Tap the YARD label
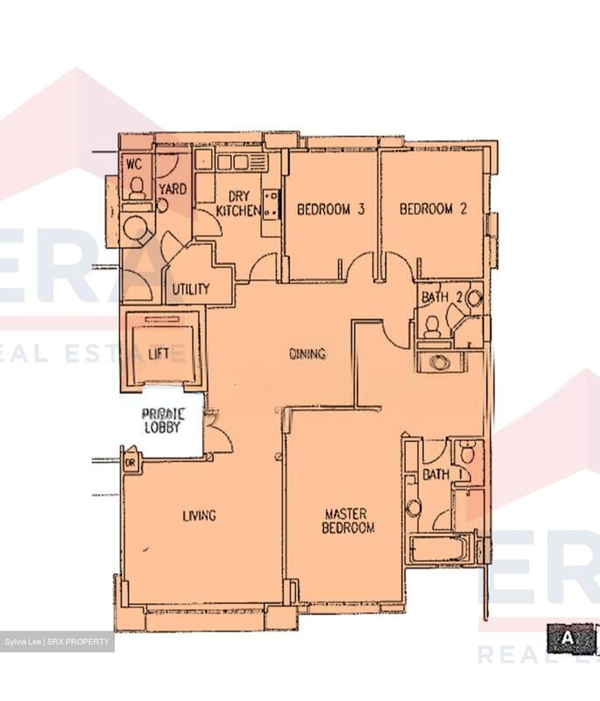tap(173, 188)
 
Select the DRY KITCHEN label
tap(238, 203)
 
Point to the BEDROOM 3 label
tap(330, 209)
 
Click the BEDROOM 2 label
tap(433, 209)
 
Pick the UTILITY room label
tap(190, 289)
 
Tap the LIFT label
tap(159, 353)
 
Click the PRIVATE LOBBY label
tap(163, 421)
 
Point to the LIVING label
tap(199, 515)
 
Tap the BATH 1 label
tap(436, 474)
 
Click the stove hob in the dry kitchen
tap(271, 204)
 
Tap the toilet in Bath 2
tap(430, 327)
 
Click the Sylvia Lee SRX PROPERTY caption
tap(57, 642)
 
